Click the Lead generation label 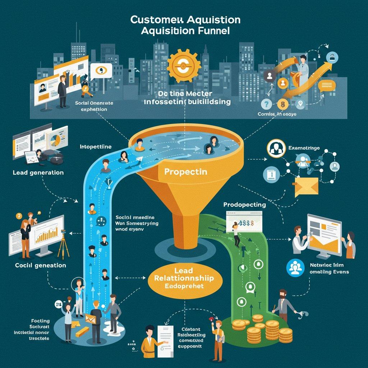click(38, 172)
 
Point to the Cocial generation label click(41, 265)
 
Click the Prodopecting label click(244, 204)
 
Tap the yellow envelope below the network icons click(306, 187)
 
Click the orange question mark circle click(267, 104)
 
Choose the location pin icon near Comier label click(300, 104)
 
